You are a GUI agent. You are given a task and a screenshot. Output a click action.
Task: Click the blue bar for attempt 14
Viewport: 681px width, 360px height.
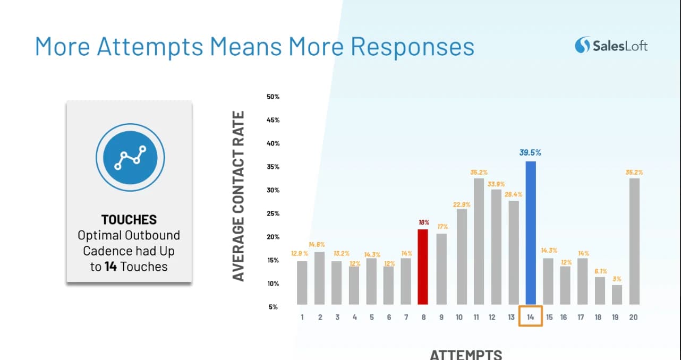coord(531,233)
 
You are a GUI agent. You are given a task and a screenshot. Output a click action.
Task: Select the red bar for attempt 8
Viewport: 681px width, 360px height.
coord(423,267)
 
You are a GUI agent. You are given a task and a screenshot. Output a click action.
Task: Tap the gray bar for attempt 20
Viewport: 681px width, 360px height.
coord(634,241)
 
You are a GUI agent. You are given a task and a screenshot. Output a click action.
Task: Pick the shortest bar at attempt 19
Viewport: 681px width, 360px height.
coord(617,295)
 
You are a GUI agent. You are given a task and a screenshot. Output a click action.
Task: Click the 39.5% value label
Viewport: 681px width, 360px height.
coord(530,152)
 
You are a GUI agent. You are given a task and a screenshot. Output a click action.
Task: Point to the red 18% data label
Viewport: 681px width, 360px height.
coord(424,222)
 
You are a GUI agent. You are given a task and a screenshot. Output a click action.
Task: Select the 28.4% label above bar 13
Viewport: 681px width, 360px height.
coord(514,194)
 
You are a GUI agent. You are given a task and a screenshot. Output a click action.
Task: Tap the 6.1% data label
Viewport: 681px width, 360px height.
coord(601,271)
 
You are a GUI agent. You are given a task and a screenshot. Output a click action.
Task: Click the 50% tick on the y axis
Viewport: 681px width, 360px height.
coord(273,97)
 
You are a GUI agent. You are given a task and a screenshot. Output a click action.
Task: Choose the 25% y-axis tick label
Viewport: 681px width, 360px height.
coord(273,213)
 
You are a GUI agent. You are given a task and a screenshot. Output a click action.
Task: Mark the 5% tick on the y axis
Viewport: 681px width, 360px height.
coord(273,307)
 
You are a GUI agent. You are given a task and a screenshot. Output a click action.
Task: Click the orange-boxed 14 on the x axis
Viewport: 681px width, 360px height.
coord(531,317)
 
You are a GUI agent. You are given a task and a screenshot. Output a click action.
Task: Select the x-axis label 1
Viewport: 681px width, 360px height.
coord(302,317)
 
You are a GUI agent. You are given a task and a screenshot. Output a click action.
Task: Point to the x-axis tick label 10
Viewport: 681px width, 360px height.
coord(459,317)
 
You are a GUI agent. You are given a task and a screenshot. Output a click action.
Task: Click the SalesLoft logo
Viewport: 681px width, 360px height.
coord(611,45)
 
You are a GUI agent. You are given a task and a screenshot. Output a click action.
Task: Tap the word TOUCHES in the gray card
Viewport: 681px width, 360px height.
coord(129,220)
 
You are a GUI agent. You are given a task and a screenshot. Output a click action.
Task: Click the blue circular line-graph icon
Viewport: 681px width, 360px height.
coord(130,157)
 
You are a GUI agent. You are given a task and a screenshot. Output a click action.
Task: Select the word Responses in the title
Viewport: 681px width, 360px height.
coord(413,47)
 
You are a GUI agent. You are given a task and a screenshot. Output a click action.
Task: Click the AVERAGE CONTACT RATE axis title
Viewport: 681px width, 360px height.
coord(239,196)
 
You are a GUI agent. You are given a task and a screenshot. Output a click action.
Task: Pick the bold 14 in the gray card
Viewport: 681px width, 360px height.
coord(110,267)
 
